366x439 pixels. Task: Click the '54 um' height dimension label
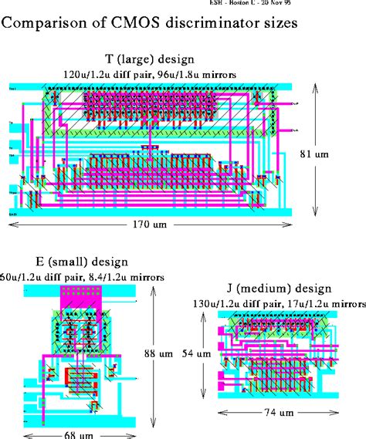point(194,353)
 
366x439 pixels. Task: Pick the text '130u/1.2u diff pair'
point(232,303)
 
